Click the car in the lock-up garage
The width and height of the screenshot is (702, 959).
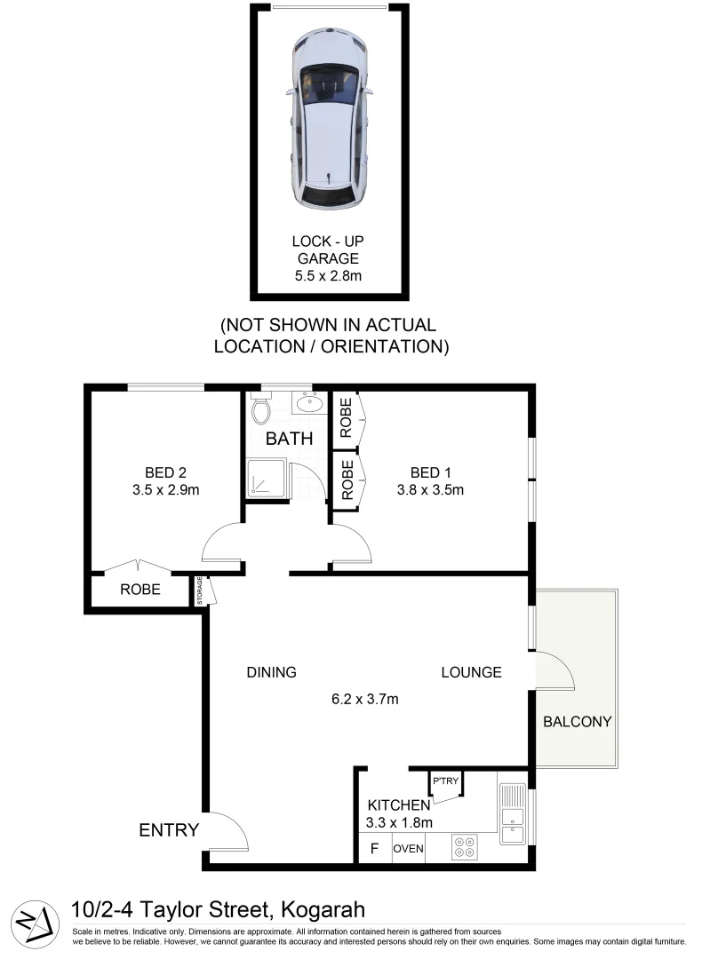point(330,123)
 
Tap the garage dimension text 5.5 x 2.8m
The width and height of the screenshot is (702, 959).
point(329,276)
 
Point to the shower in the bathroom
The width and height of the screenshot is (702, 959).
point(264,479)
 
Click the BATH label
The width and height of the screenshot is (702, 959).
point(289,439)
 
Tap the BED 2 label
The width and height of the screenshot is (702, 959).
point(165,472)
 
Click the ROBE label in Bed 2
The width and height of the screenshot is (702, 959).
point(140,590)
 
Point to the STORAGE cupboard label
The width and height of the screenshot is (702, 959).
point(200,590)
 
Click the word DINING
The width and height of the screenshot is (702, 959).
point(271,672)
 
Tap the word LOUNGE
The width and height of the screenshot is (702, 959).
point(471,672)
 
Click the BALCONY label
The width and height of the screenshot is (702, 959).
point(578,721)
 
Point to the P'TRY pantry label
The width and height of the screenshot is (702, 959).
point(445,781)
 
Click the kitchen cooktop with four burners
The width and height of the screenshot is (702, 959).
point(464,848)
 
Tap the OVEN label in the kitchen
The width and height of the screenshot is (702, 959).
point(408,849)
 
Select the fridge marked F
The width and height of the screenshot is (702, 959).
point(374,849)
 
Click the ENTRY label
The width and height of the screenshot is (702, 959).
point(169,830)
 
